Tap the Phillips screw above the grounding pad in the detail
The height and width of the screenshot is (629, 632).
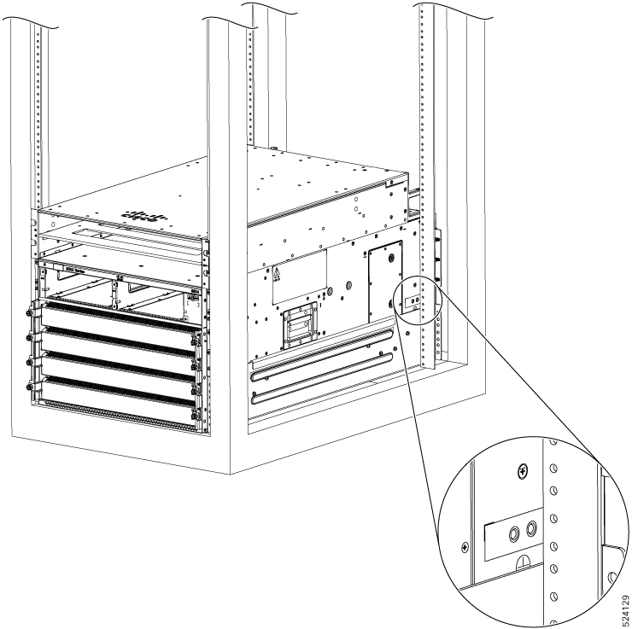tap(523, 470)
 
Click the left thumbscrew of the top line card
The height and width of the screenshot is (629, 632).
tap(36, 317)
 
